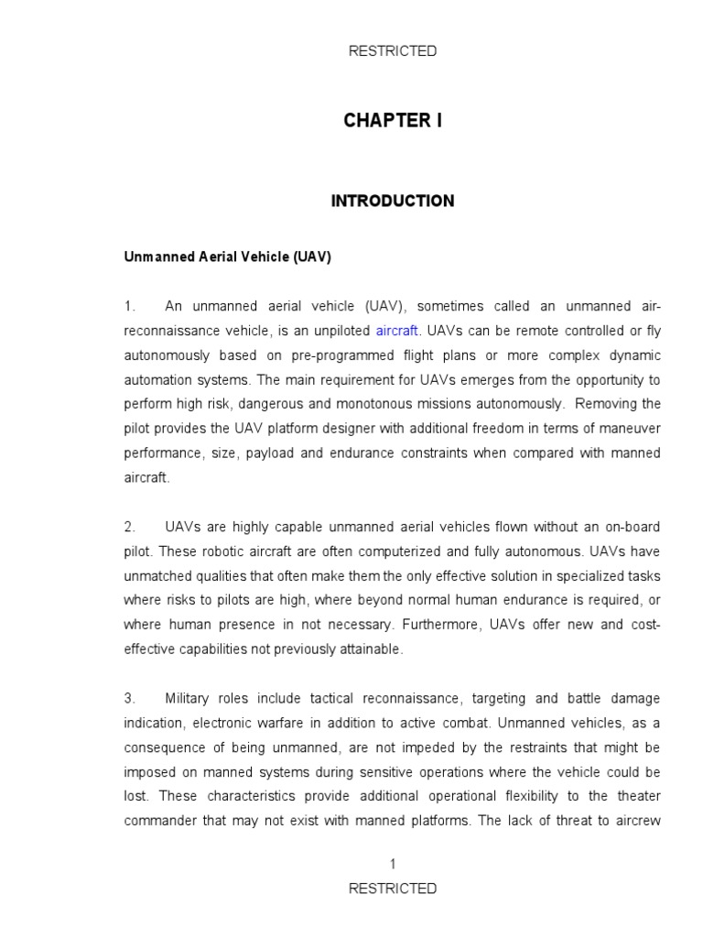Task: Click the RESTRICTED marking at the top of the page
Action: pyautogui.click(x=393, y=51)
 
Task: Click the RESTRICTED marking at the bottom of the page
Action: pyautogui.click(x=393, y=888)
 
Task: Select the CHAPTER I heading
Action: pyautogui.click(x=393, y=121)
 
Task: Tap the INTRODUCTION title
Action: pyautogui.click(x=393, y=201)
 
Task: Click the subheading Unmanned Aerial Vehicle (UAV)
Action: pyautogui.click(x=227, y=257)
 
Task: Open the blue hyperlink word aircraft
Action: pyautogui.click(x=396, y=331)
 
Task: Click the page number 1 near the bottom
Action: pyautogui.click(x=393, y=863)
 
